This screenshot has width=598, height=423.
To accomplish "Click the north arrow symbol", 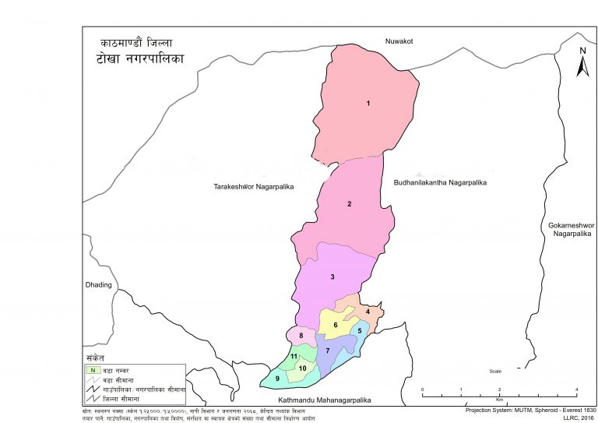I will tap(582, 62).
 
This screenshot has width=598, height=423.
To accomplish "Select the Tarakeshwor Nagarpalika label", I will tap(252, 187).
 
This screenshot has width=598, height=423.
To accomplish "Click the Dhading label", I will tap(98, 285).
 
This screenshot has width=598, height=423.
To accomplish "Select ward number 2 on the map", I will tap(350, 204).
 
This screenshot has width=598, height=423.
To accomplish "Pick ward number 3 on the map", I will tap(332, 277).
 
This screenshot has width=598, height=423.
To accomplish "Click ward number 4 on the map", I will tap(368, 312).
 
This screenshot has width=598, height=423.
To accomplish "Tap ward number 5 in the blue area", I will tap(359, 330).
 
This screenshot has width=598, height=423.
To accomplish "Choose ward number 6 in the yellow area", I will tap(336, 325).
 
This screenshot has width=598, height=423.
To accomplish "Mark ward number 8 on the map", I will tap(301, 336).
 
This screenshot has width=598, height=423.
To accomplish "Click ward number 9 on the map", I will tap(277, 379).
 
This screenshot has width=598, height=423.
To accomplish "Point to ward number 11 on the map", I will tap(294, 357).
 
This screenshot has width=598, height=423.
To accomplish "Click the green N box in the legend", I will tap(93, 369).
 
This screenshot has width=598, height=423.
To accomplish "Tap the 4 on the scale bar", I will tap(576, 389).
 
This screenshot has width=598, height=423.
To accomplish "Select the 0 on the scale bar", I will tap(422, 389).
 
